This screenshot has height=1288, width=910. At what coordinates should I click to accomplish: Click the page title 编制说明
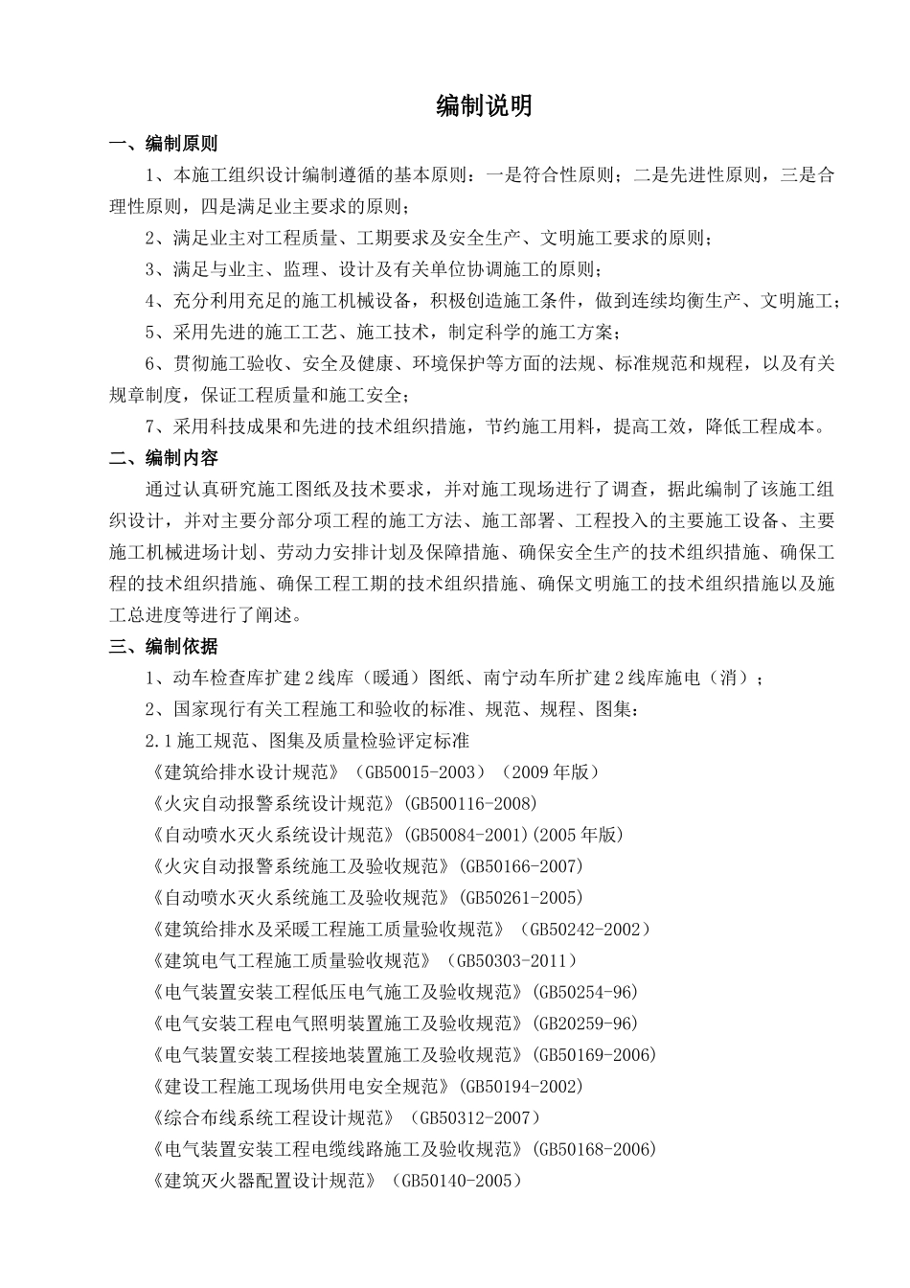coord(484,106)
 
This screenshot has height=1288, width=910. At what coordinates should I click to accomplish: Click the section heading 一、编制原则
coord(164,144)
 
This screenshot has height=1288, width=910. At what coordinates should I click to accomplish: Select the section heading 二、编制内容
coord(164,458)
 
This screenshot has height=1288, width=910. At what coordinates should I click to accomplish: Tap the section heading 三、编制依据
coord(164,647)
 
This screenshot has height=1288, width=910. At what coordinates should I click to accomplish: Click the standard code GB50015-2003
coord(421,772)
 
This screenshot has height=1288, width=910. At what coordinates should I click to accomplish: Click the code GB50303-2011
coord(514,960)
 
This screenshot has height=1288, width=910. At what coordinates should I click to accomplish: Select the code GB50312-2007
coord(476,1118)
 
